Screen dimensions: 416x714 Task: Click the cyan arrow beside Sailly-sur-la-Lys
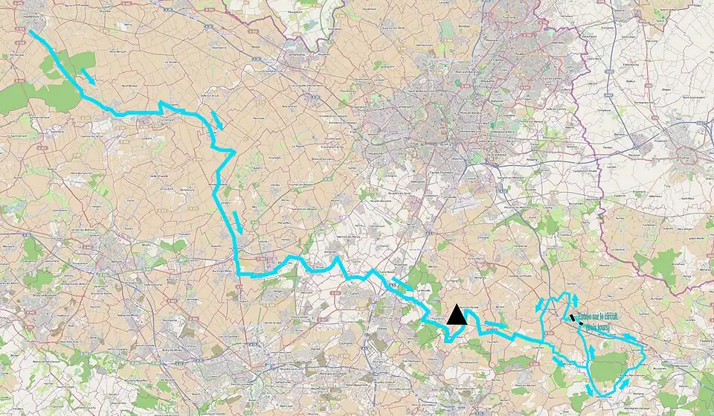coord(216,119)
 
